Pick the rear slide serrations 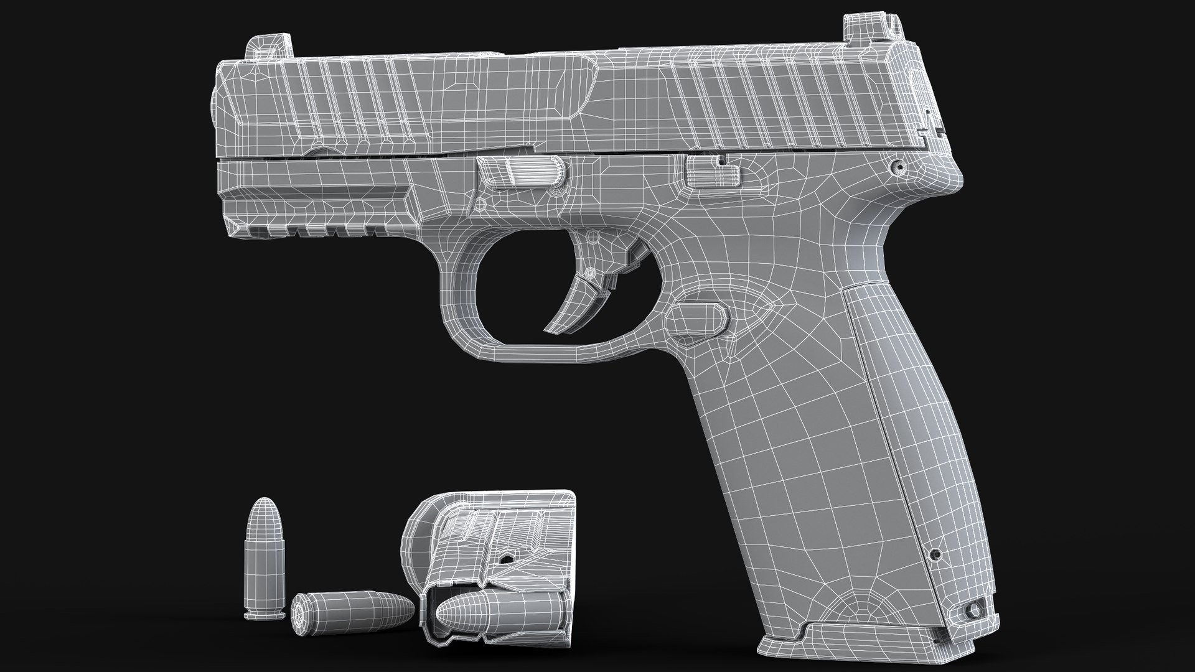click(x=778, y=106)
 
